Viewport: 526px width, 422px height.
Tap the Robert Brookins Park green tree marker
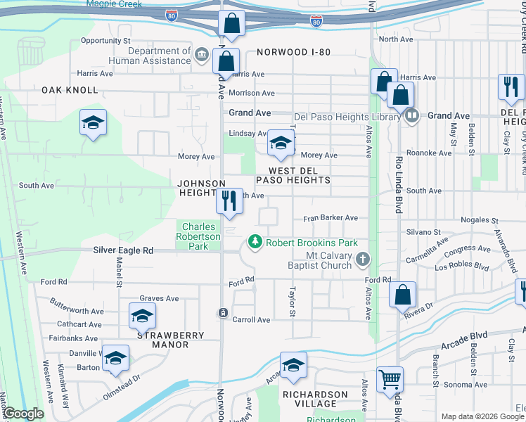[x=254, y=243]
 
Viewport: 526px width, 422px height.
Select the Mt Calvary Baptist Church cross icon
[x=362, y=260]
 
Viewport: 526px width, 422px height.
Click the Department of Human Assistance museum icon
[x=202, y=55]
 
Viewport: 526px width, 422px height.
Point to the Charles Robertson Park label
[x=200, y=236]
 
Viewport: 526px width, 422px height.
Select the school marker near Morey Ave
[x=281, y=144]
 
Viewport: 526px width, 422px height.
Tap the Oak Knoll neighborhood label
[x=70, y=90]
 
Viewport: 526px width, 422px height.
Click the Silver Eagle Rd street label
[x=124, y=250]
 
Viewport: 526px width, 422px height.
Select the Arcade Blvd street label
[x=464, y=346]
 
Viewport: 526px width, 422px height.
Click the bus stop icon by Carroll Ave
[x=223, y=313]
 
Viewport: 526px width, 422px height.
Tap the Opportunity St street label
[x=106, y=41]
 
